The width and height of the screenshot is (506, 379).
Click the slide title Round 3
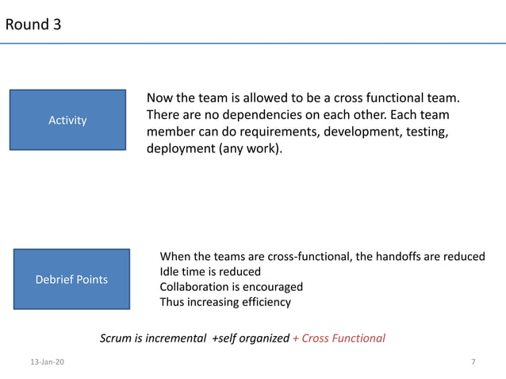33,25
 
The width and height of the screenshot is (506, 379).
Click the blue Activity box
67,120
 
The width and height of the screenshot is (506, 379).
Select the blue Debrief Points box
71,279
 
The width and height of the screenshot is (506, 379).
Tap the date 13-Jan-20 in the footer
48,362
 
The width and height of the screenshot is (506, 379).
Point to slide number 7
473,362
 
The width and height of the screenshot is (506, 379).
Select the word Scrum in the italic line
116,339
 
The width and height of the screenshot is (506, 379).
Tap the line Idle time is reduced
210,271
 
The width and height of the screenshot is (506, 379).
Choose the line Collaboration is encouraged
231,286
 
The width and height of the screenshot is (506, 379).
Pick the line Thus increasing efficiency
225,302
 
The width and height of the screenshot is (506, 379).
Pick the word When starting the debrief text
175,256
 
